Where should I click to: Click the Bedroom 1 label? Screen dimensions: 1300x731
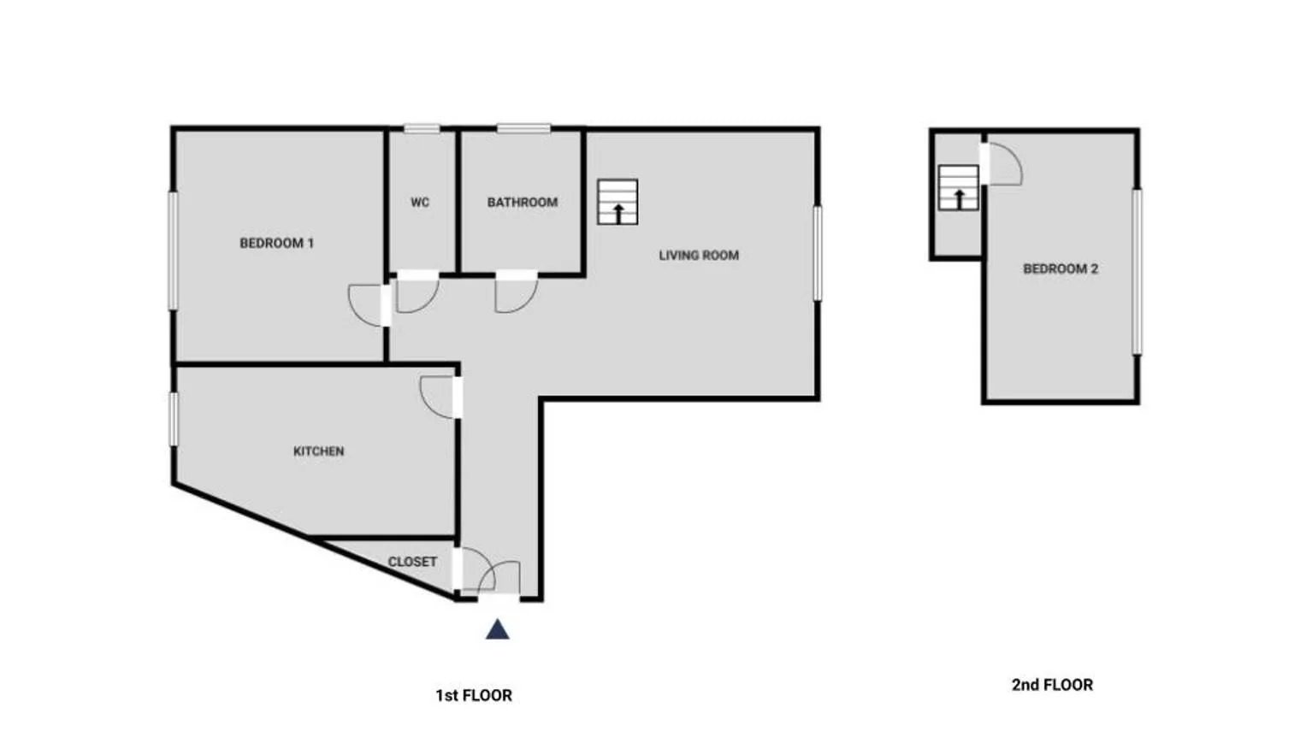pos(277,243)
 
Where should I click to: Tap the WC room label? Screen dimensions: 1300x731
pos(420,203)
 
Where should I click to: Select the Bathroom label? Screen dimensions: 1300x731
pos(523,203)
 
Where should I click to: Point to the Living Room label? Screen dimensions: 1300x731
pos(699,256)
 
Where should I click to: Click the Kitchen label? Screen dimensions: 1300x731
pos(319,451)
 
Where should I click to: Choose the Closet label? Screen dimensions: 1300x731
pos(412,563)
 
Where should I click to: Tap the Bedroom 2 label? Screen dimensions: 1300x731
pos(1061,269)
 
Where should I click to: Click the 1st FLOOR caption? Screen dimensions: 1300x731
pos(474,696)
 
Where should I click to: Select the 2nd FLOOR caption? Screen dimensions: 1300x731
pos(1052,685)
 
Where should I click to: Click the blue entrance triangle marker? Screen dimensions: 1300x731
pos(498,630)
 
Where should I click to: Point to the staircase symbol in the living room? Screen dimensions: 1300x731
pos(617,202)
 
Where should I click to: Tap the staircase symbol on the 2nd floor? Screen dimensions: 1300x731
pos(958,187)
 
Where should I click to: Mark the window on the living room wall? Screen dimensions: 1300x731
pos(818,254)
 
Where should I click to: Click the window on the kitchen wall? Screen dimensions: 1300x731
pos(174,420)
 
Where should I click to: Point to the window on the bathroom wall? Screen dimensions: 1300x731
pos(523,128)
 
